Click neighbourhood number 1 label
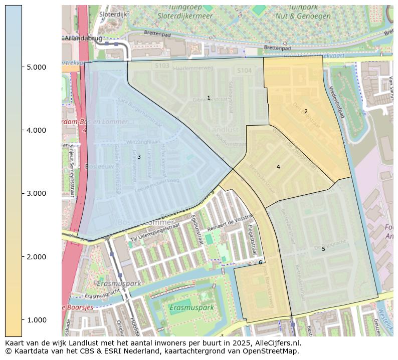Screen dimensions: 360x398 (209, 98)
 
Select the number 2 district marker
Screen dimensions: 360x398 (306, 111)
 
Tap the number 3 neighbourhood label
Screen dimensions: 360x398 (139, 157)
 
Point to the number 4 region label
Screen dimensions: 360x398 (278, 167)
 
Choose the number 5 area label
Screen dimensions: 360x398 (323, 249)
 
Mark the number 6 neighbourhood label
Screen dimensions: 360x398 (260, 262)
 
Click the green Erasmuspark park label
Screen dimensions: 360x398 (191, 307)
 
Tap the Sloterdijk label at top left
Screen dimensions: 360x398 (114, 15)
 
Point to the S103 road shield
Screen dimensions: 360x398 (162, 66)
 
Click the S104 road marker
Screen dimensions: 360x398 (244, 71)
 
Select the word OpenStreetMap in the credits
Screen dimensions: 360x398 (271, 351)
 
